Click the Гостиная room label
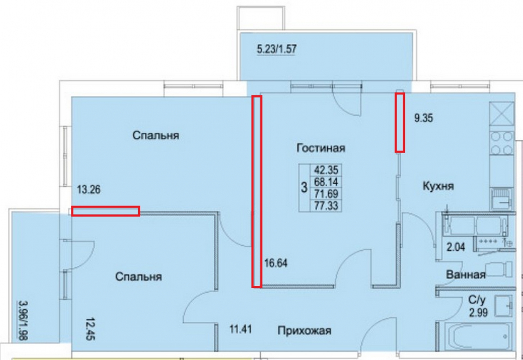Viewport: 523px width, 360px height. click(321, 148)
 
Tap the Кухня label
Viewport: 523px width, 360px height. click(438, 186)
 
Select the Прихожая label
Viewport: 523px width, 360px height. click(304, 331)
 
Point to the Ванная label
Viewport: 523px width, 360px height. click(466, 275)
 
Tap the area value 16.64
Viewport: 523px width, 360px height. click(276, 262)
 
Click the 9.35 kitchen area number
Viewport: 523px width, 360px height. click(423, 119)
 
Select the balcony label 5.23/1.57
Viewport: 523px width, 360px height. click(276, 50)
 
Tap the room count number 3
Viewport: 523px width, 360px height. click(304, 187)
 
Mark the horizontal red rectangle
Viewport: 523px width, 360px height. click(105, 211)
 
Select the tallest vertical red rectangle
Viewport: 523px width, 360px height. click(256, 192)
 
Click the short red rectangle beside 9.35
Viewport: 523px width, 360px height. click(400, 122)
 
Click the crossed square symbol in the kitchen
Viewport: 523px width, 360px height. click(502, 113)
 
